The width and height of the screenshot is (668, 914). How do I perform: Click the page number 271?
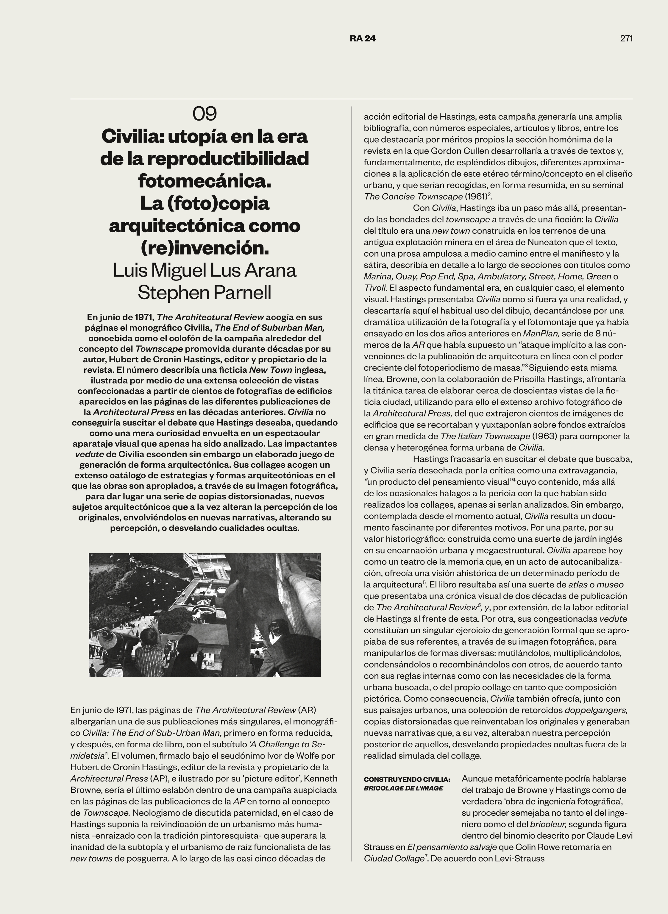pyautogui.click(x=626, y=39)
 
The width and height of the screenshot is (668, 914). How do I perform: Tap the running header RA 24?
pyautogui.click(x=363, y=39)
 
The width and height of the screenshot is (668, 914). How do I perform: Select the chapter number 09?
pyautogui.click(x=205, y=114)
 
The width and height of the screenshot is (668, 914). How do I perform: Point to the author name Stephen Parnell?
pyautogui.click(x=205, y=292)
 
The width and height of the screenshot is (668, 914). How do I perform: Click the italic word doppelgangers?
pyautogui.click(x=596, y=710)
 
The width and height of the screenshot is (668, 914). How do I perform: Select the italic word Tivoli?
pyautogui.click(x=374, y=288)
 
